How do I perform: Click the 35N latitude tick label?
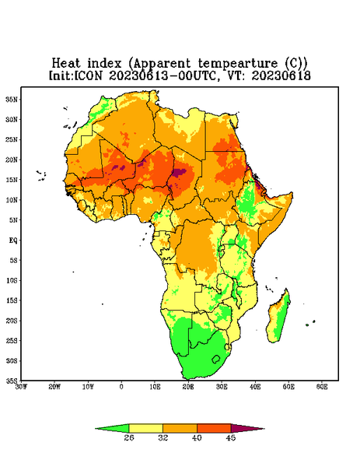[12, 99]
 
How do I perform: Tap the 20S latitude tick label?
[12, 321]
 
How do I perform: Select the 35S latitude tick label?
[12, 381]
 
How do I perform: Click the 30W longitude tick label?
[21, 387]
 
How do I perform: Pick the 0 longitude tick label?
[121, 387]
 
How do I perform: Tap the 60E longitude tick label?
[322, 387]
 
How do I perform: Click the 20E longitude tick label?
[188, 387]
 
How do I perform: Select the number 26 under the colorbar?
[129, 437]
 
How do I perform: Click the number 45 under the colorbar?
[231, 437]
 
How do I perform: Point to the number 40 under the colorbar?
[197, 437]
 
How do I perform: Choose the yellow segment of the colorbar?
[145, 428]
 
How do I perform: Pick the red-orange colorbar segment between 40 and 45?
[214, 428]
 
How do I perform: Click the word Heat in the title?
[66, 63]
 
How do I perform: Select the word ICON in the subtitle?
[88, 75]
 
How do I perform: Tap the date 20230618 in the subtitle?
[281, 75]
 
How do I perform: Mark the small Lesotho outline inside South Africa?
[216, 359]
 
